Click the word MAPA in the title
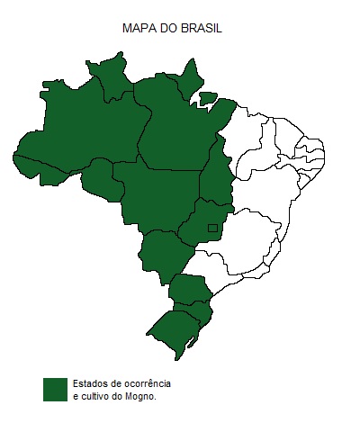[138, 29]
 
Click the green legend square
[56, 389]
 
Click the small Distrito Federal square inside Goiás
[213, 228]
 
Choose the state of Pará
[175, 130]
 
